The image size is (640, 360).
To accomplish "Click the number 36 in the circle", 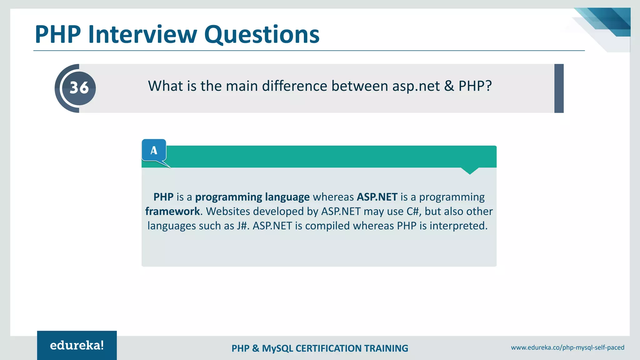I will click(79, 88).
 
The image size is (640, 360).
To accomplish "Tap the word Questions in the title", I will click(262, 35).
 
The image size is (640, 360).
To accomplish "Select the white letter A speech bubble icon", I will click(154, 150).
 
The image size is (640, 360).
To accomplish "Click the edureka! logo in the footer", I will click(77, 345).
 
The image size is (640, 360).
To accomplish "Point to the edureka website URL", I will click(567, 347).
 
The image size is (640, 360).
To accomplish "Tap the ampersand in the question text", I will click(449, 86).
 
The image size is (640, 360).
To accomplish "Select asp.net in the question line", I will click(416, 86).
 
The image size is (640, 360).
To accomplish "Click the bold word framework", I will click(172, 212).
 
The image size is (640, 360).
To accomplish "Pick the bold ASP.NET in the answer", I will click(377, 197).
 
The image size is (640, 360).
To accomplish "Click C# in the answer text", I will click(413, 212).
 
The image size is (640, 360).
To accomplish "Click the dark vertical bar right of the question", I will click(559, 88).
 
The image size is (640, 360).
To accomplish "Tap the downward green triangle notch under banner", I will click(470, 171).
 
